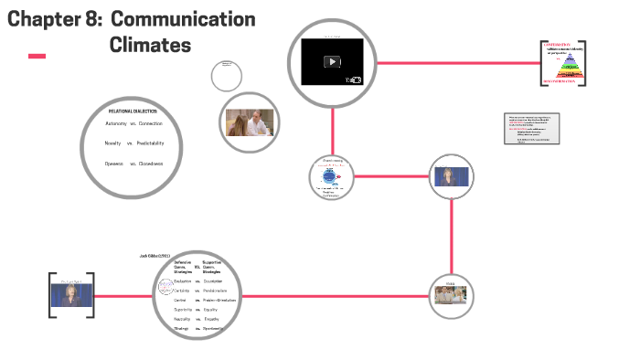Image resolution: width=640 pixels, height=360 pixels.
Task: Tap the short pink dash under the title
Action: (37, 57)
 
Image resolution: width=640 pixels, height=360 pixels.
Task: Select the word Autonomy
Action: (116, 123)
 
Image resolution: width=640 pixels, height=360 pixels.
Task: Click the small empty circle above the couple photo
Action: (227, 74)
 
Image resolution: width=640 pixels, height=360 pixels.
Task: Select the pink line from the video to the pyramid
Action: (457, 63)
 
